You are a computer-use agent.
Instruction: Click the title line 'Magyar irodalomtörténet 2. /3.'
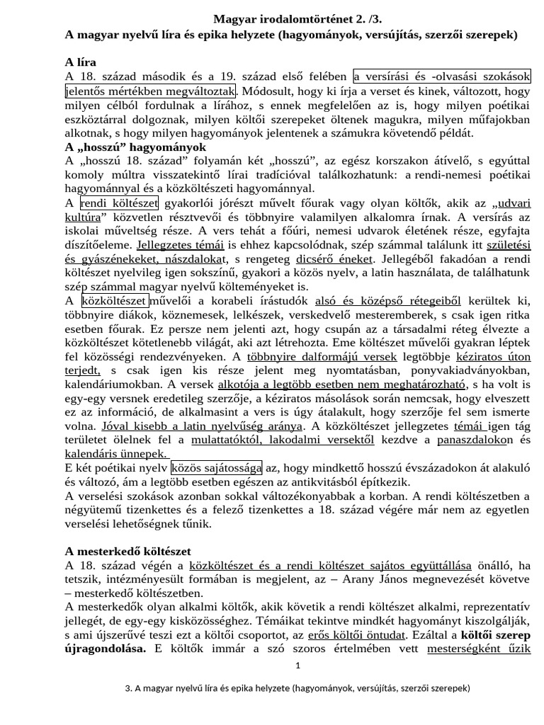(x=297, y=21)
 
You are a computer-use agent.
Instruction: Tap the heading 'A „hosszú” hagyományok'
(x=135, y=147)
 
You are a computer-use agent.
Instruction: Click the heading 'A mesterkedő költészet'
(x=127, y=551)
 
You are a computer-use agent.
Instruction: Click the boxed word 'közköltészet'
(x=114, y=300)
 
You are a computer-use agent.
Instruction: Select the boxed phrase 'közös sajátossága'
(x=217, y=468)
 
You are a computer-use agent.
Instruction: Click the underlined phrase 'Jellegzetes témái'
(x=181, y=245)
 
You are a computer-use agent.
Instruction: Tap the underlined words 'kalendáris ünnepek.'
(x=116, y=454)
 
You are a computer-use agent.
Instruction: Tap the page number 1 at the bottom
(x=298, y=666)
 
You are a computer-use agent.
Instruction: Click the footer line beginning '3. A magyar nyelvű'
(x=297, y=687)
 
